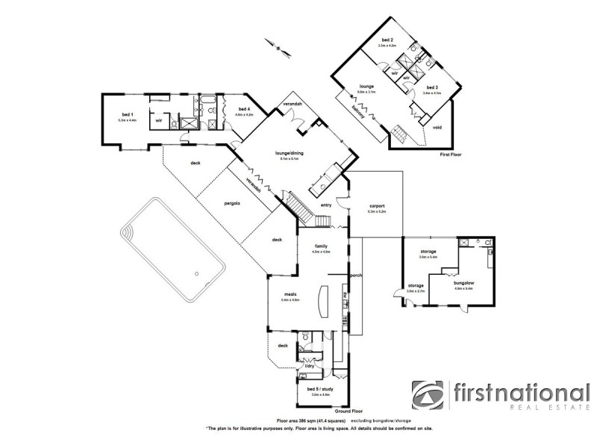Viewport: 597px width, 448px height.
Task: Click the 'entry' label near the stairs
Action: (326, 205)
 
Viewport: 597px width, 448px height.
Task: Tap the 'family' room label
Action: (320, 246)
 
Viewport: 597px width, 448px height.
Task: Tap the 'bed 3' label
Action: (432, 87)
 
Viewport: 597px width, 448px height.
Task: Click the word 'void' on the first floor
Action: (437, 127)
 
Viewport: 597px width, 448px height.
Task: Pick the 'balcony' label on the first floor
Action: (359, 112)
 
